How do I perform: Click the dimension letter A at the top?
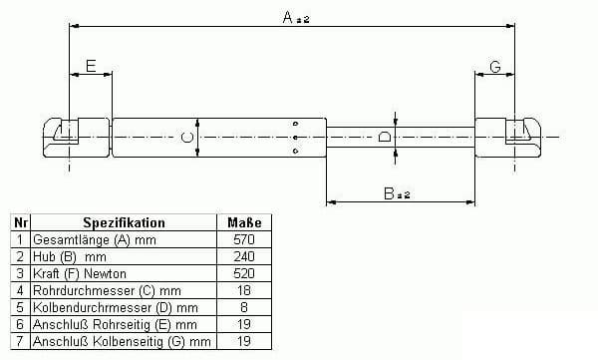[288, 17]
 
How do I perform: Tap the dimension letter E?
[91, 66]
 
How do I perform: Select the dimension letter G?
[495, 67]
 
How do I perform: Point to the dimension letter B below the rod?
[389, 193]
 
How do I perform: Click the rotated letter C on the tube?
[187, 138]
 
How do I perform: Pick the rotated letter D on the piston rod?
[385, 137]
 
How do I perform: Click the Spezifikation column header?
[124, 222]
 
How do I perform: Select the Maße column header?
[244, 222]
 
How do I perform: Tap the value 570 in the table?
[244, 239]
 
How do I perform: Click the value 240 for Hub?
[244, 256]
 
